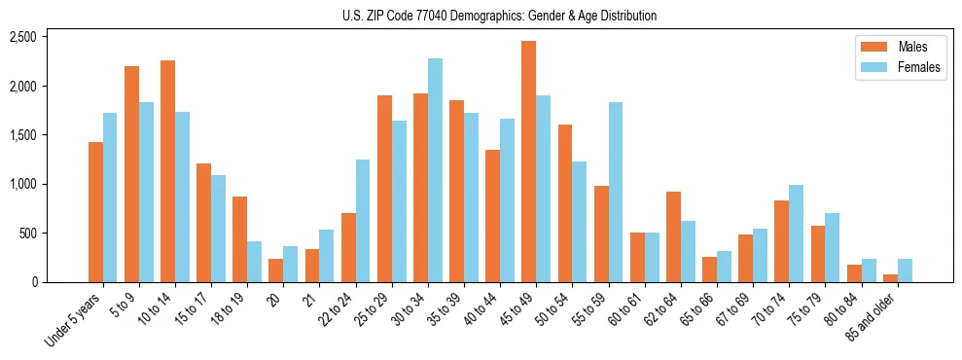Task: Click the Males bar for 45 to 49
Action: tap(528, 162)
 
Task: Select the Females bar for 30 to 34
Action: tap(435, 170)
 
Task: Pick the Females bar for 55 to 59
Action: tap(616, 192)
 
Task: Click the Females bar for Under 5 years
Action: tap(110, 198)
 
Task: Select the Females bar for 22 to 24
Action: tap(363, 221)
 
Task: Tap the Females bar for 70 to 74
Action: tap(796, 234)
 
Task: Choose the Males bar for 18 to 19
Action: tap(239, 239)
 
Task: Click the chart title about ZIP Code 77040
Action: tap(499, 16)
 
